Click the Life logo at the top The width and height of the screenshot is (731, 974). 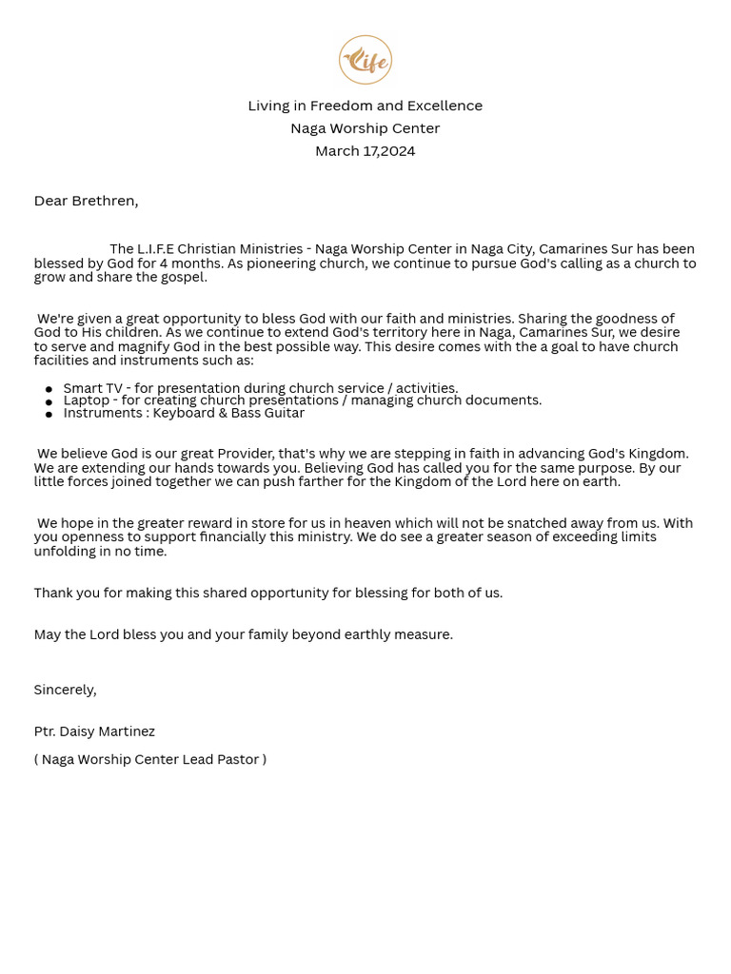[x=365, y=60]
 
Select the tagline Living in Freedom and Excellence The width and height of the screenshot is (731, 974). [x=365, y=106]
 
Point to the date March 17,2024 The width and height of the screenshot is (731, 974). [x=365, y=151]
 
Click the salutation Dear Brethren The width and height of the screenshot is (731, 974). [x=86, y=201]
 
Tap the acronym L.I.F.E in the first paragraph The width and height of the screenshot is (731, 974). [x=155, y=249]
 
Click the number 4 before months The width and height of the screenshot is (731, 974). [x=164, y=263]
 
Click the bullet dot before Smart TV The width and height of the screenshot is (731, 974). [x=49, y=390]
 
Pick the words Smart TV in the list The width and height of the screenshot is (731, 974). [x=92, y=388]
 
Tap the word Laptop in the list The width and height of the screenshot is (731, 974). [x=87, y=400]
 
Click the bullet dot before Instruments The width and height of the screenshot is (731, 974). [x=49, y=415]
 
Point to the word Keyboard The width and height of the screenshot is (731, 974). [x=185, y=413]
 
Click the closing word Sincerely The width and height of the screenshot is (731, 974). [x=65, y=690]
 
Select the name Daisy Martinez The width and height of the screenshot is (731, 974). [x=107, y=731]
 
